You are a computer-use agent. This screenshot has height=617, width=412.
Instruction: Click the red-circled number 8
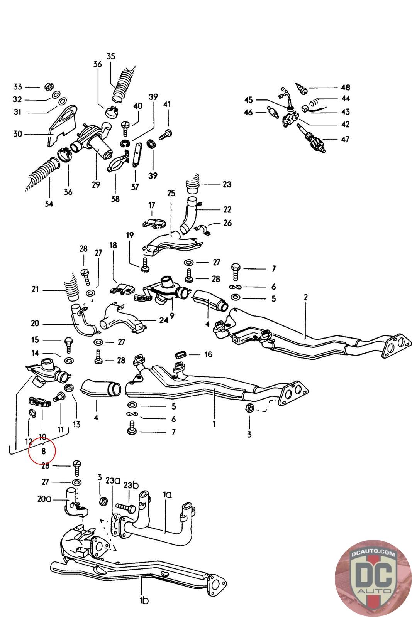click(x=44, y=450)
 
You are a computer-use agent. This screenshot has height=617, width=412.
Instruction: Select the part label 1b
click(x=144, y=600)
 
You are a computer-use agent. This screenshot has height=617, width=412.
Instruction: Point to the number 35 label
click(x=111, y=56)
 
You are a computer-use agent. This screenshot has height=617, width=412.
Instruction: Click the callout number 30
click(x=18, y=134)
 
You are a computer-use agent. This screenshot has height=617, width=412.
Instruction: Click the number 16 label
click(x=208, y=354)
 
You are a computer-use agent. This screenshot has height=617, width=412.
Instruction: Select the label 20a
click(x=44, y=499)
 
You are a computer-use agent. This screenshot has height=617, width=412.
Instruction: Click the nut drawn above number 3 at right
click(x=249, y=408)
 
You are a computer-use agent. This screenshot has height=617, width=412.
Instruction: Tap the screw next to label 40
click(x=126, y=125)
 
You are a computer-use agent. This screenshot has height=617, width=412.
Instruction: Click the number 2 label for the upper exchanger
click(x=305, y=297)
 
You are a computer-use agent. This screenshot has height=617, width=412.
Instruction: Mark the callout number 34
click(x=48, y=204)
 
